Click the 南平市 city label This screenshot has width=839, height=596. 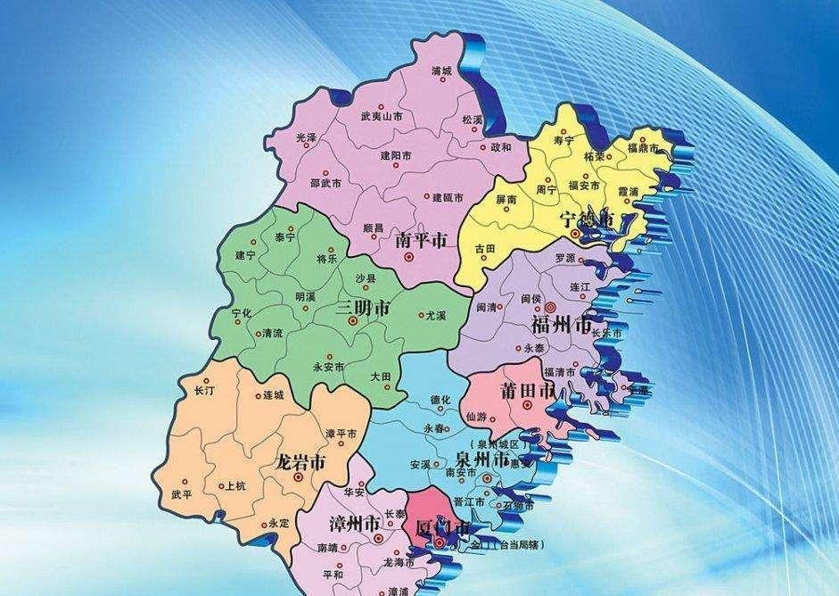420,241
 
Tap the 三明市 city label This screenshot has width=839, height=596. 362,310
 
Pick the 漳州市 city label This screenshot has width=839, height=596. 356,523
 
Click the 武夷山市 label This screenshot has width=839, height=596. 381,116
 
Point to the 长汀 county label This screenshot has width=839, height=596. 203,391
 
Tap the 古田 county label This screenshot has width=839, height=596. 484,248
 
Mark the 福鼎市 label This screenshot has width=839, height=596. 642,146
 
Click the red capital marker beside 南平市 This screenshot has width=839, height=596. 409,258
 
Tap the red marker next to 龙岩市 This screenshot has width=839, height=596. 300,478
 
